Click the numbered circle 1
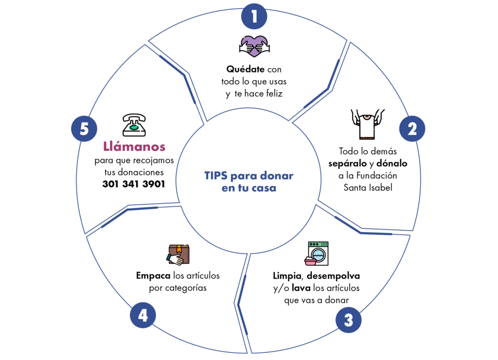[x=254, y=17]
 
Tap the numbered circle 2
[x=412, y=129]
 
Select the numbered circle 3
[x=348, y=320]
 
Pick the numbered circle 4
[x=142, y=315]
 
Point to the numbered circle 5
[x=84, y=129]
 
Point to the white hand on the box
[x=176, y=259]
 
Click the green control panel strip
[x=318, y=244]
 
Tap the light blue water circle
[x=318, y=254]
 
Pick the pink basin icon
[x=310, y=263]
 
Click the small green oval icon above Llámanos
[x=134, y=127]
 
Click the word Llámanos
[x=135, y=146]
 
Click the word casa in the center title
[x=264, y=188]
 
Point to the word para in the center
[x=243, y=176]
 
